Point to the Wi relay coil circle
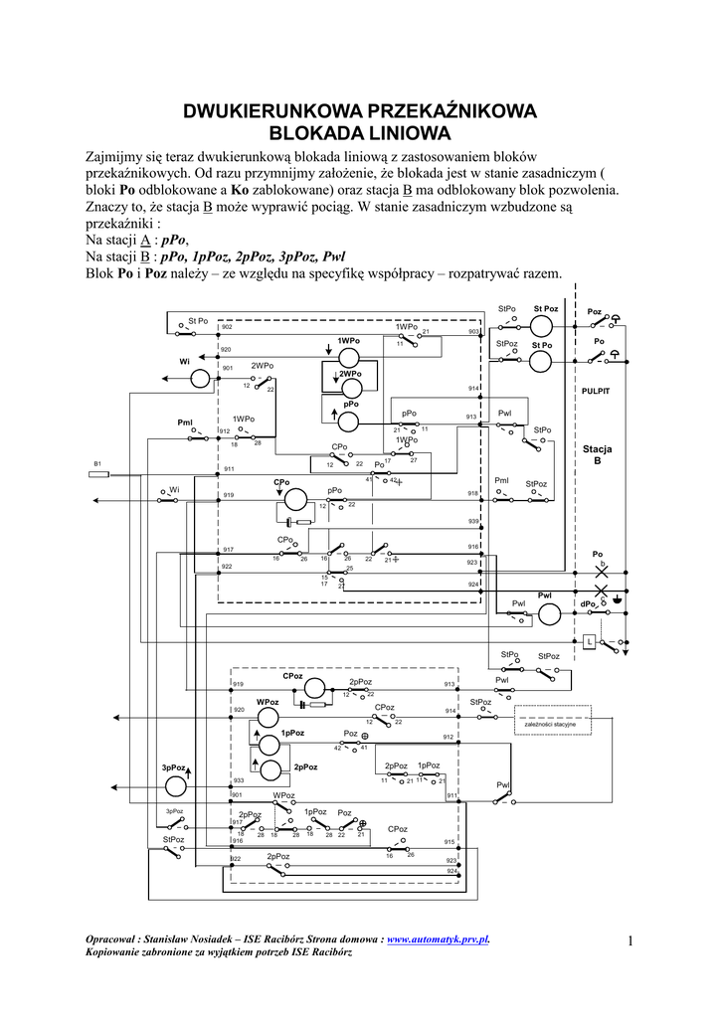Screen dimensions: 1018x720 pos(200,377)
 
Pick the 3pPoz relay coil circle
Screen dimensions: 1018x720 pos(175,785)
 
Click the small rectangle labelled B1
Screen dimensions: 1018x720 pos(98,474)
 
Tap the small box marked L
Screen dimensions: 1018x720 pos(590,641)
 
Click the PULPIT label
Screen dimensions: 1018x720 pos(595,391)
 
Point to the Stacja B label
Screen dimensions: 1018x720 pos(598,455)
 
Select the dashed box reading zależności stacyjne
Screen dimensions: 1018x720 pos(551,723)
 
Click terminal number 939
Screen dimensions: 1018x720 pos(473,522)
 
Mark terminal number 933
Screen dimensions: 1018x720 pos(238,781)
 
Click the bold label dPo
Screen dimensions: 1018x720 pos(588,604)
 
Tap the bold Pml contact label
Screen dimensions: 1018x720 pos(185,423)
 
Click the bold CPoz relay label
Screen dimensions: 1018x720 pos(292,676)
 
